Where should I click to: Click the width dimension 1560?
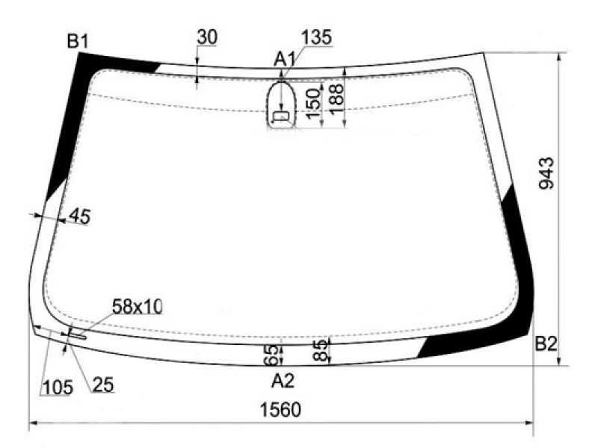click(x=280, y=410)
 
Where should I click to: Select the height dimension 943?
click(x=546, y=173)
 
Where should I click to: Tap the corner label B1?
click(x=78, y=41)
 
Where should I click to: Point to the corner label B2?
click(x=546, y=344)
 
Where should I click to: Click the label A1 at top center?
click(x=286, y=60)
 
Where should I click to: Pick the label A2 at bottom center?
click(x=283, y=381)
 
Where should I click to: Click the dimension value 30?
click(x=207, y=37)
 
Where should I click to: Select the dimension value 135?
click(x=316, y=37)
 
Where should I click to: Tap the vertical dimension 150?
click(x=312, y=104)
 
